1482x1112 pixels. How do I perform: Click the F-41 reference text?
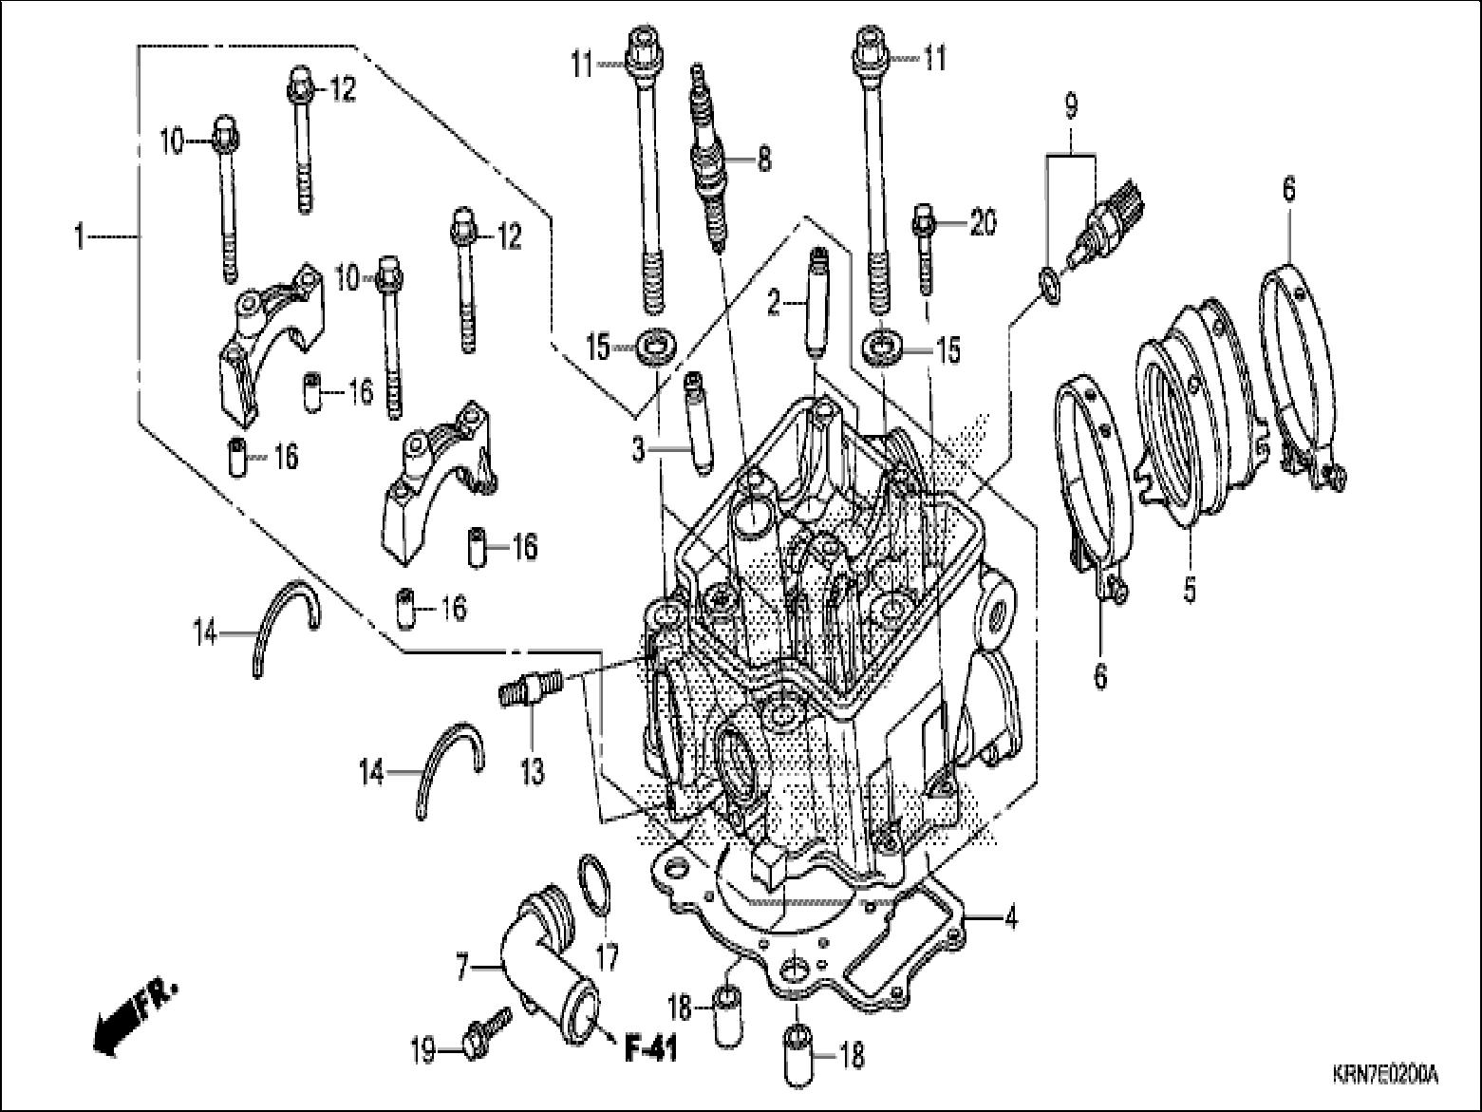(x=650, y=1051)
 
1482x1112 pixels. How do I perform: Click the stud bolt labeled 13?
(x=531, y=688)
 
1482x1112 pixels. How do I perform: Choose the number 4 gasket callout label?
(x=1011, y=918)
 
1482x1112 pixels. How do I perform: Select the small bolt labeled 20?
(x=924, y=247)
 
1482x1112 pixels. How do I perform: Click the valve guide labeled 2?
(x=816, y=299)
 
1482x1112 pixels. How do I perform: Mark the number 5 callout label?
(x=1189, y=589)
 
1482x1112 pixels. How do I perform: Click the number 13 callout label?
(x=532, y=771)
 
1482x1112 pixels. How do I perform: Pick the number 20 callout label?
(x=982, y=223)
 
